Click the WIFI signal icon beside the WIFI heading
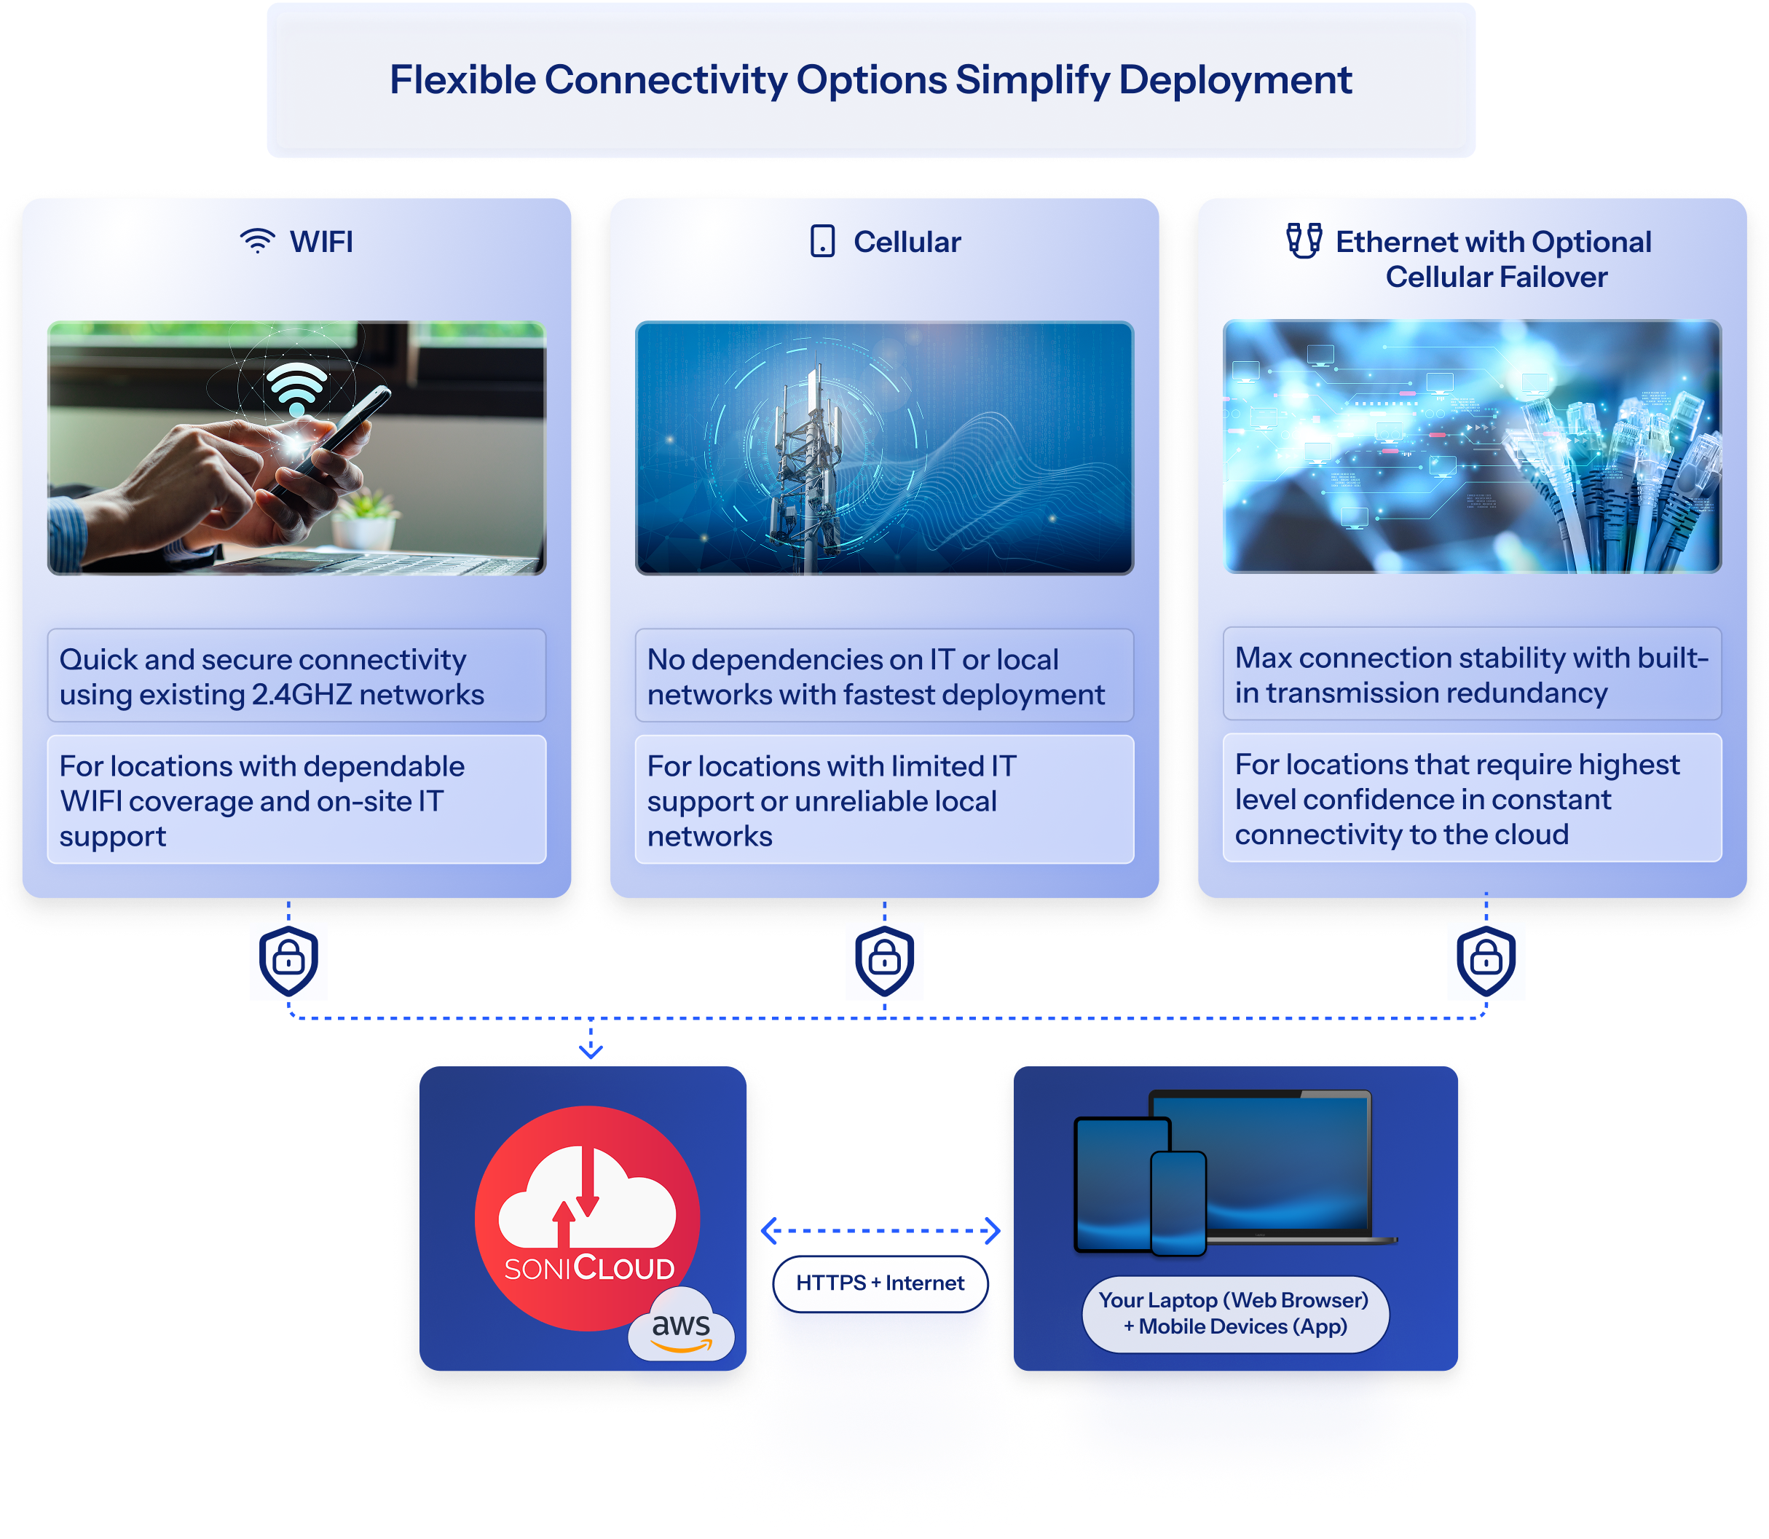[257, 241]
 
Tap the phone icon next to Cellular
[822, 241]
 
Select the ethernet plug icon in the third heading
[1303, 240]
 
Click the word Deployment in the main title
[1235, 80]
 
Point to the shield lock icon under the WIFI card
[288, 960]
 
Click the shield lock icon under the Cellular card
[884, 960]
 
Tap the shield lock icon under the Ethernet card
[1486, 960]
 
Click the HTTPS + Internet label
[880, 1283]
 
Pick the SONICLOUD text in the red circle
[589, 1267]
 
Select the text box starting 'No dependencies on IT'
[883, 677]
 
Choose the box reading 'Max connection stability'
[1471, 675]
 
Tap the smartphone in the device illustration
[1178, 1203]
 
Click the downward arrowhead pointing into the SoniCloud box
[591, 1050]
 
